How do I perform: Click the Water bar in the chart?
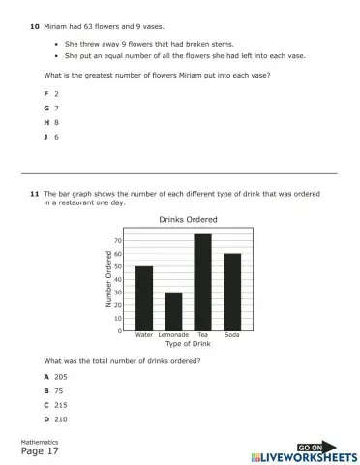pyautogui.click(x=144, y=298)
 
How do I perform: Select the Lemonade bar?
pyautogui.click(x=173, y=311)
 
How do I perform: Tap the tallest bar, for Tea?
pyautogui.click(x=202, y=282)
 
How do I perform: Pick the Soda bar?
pyautogui.click(x=232, y=292)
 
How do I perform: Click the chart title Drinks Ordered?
pyautogui.click(x=188, y=219)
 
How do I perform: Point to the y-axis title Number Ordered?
pyautogui.click(x=109, y=278)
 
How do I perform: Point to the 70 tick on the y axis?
pyautogui.click(x=118, y=240)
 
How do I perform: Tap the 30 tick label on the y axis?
pyautogui.click(x=118, y=292)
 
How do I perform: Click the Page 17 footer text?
pyautogui.click(x=41, y=451)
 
